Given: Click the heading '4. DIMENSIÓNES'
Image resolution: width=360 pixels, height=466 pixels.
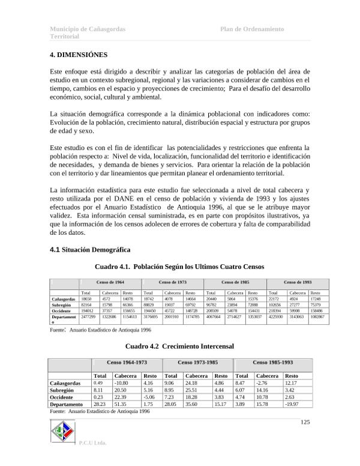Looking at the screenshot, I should click(79, 55).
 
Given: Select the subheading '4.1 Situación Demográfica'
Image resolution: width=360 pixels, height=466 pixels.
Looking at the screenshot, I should click(90, 250).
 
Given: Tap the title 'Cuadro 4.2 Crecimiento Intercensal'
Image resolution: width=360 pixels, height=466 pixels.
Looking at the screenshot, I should click(179, 346).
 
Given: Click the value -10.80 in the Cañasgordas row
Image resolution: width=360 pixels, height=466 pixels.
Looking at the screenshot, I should click(124, 382).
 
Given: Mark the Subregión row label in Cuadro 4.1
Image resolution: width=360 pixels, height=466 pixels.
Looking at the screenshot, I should click(63, 304).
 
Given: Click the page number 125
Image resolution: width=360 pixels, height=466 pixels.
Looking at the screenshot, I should click(305, 423).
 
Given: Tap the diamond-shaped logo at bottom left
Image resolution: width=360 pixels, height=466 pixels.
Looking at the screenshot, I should click(63, 432).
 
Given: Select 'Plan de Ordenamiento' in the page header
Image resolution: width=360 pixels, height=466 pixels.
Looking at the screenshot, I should click(252, 29).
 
